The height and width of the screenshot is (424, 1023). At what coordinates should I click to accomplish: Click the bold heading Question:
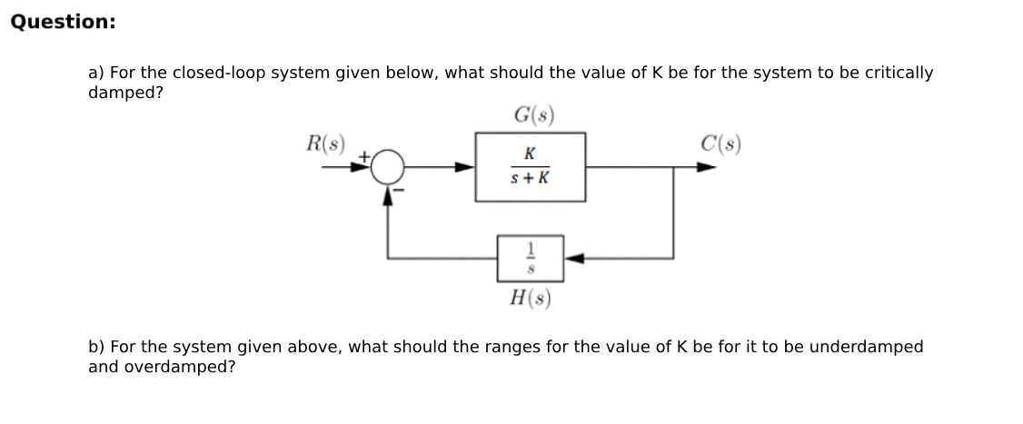coord(63,22)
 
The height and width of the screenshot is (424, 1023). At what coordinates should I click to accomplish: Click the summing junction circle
coord(389,167)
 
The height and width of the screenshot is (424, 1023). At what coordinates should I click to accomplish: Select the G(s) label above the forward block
coord(533,116)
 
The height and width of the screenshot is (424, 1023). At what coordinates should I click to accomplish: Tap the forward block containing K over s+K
coord(530,167)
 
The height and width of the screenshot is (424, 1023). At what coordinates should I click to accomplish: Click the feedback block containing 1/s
coord(530,258)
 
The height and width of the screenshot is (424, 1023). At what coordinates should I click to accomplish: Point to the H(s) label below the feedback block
coord(531,297)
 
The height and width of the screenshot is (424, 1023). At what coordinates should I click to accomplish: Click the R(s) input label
coord(325,143)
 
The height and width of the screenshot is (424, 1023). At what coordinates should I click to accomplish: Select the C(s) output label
coord(721,143)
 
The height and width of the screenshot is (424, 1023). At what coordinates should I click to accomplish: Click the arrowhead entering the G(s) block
coord(465,167)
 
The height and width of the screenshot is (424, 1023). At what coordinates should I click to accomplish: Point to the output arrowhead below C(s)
coord(706,167)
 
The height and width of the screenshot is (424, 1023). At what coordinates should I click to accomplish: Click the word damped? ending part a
coord(125,93)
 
